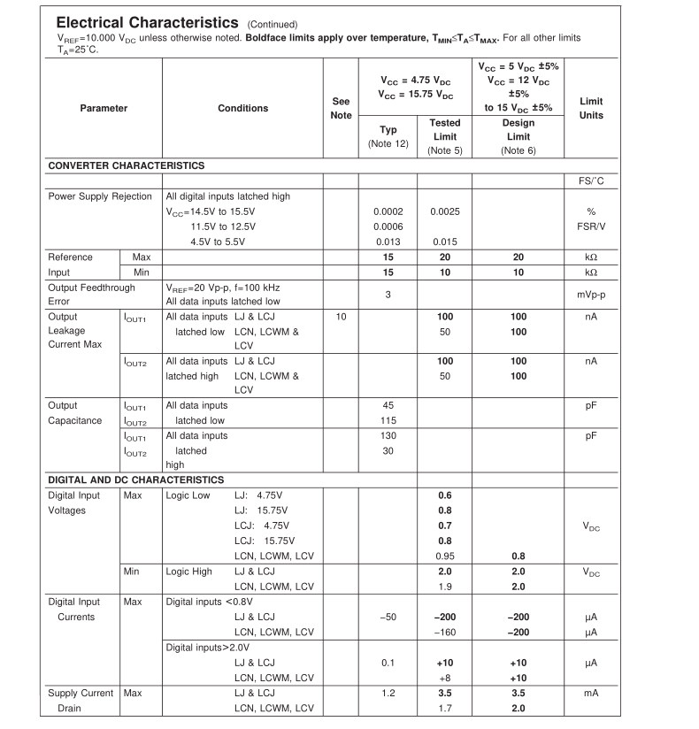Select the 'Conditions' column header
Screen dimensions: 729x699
click(x=242, y=108)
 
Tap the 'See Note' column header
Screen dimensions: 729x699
click(x=341, y=108)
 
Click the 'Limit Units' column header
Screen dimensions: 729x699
click(x=590, y=108)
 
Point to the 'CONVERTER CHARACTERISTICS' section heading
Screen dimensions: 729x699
click(x=126, y=165)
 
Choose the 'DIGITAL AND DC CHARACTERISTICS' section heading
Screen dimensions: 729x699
click(x=135, y=480)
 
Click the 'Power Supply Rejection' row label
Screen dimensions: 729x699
click(x=100, y=196)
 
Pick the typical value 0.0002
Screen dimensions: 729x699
click(x=388, y=211)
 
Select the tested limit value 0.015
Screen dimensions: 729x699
click(x=444, y=242)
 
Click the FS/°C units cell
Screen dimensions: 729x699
click(x=590, y=181)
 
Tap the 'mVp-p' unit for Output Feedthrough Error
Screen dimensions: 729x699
click(x=590, y=294)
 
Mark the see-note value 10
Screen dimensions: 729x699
click(x=341, y=317)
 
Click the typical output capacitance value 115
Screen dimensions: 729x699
click(x=388, y=420)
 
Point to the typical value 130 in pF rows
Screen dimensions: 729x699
click(x=388, y=435)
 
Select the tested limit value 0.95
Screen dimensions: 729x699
click(x=444, y=556)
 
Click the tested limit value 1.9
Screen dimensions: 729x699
click(x=444, y=587)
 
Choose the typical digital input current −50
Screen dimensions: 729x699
click(x=388, y=617)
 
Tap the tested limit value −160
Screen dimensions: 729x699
click(x=444, y=632)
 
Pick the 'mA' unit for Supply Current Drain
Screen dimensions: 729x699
click(x=590, y=694)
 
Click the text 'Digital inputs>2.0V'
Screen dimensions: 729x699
click(x=208, y=647)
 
